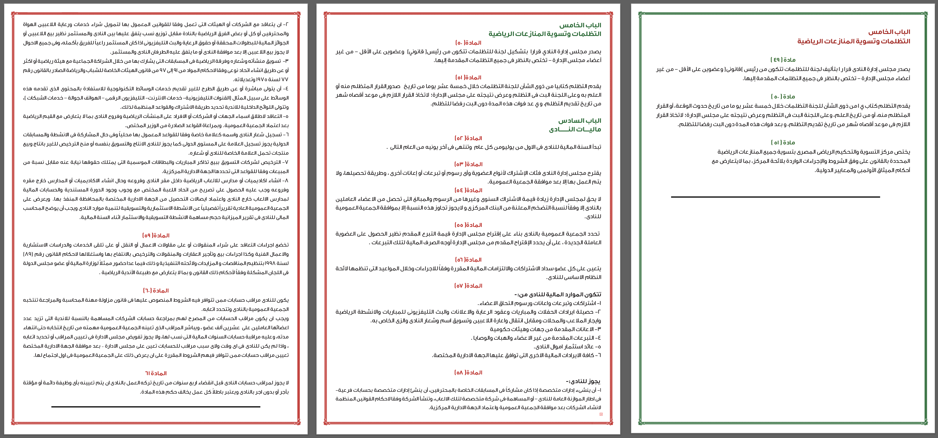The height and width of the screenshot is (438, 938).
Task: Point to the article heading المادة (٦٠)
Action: click(x=156, y=290)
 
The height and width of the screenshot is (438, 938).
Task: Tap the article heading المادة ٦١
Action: click(x=156, y=373)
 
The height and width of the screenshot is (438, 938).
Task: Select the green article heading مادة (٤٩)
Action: click(x=783, y=60)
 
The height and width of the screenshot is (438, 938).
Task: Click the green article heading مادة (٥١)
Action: click(x=783, y=142)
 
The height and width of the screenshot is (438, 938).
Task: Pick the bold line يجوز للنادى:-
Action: click(x=583, y=381)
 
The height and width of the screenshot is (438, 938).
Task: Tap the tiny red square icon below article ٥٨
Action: click(x=601, y=414)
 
